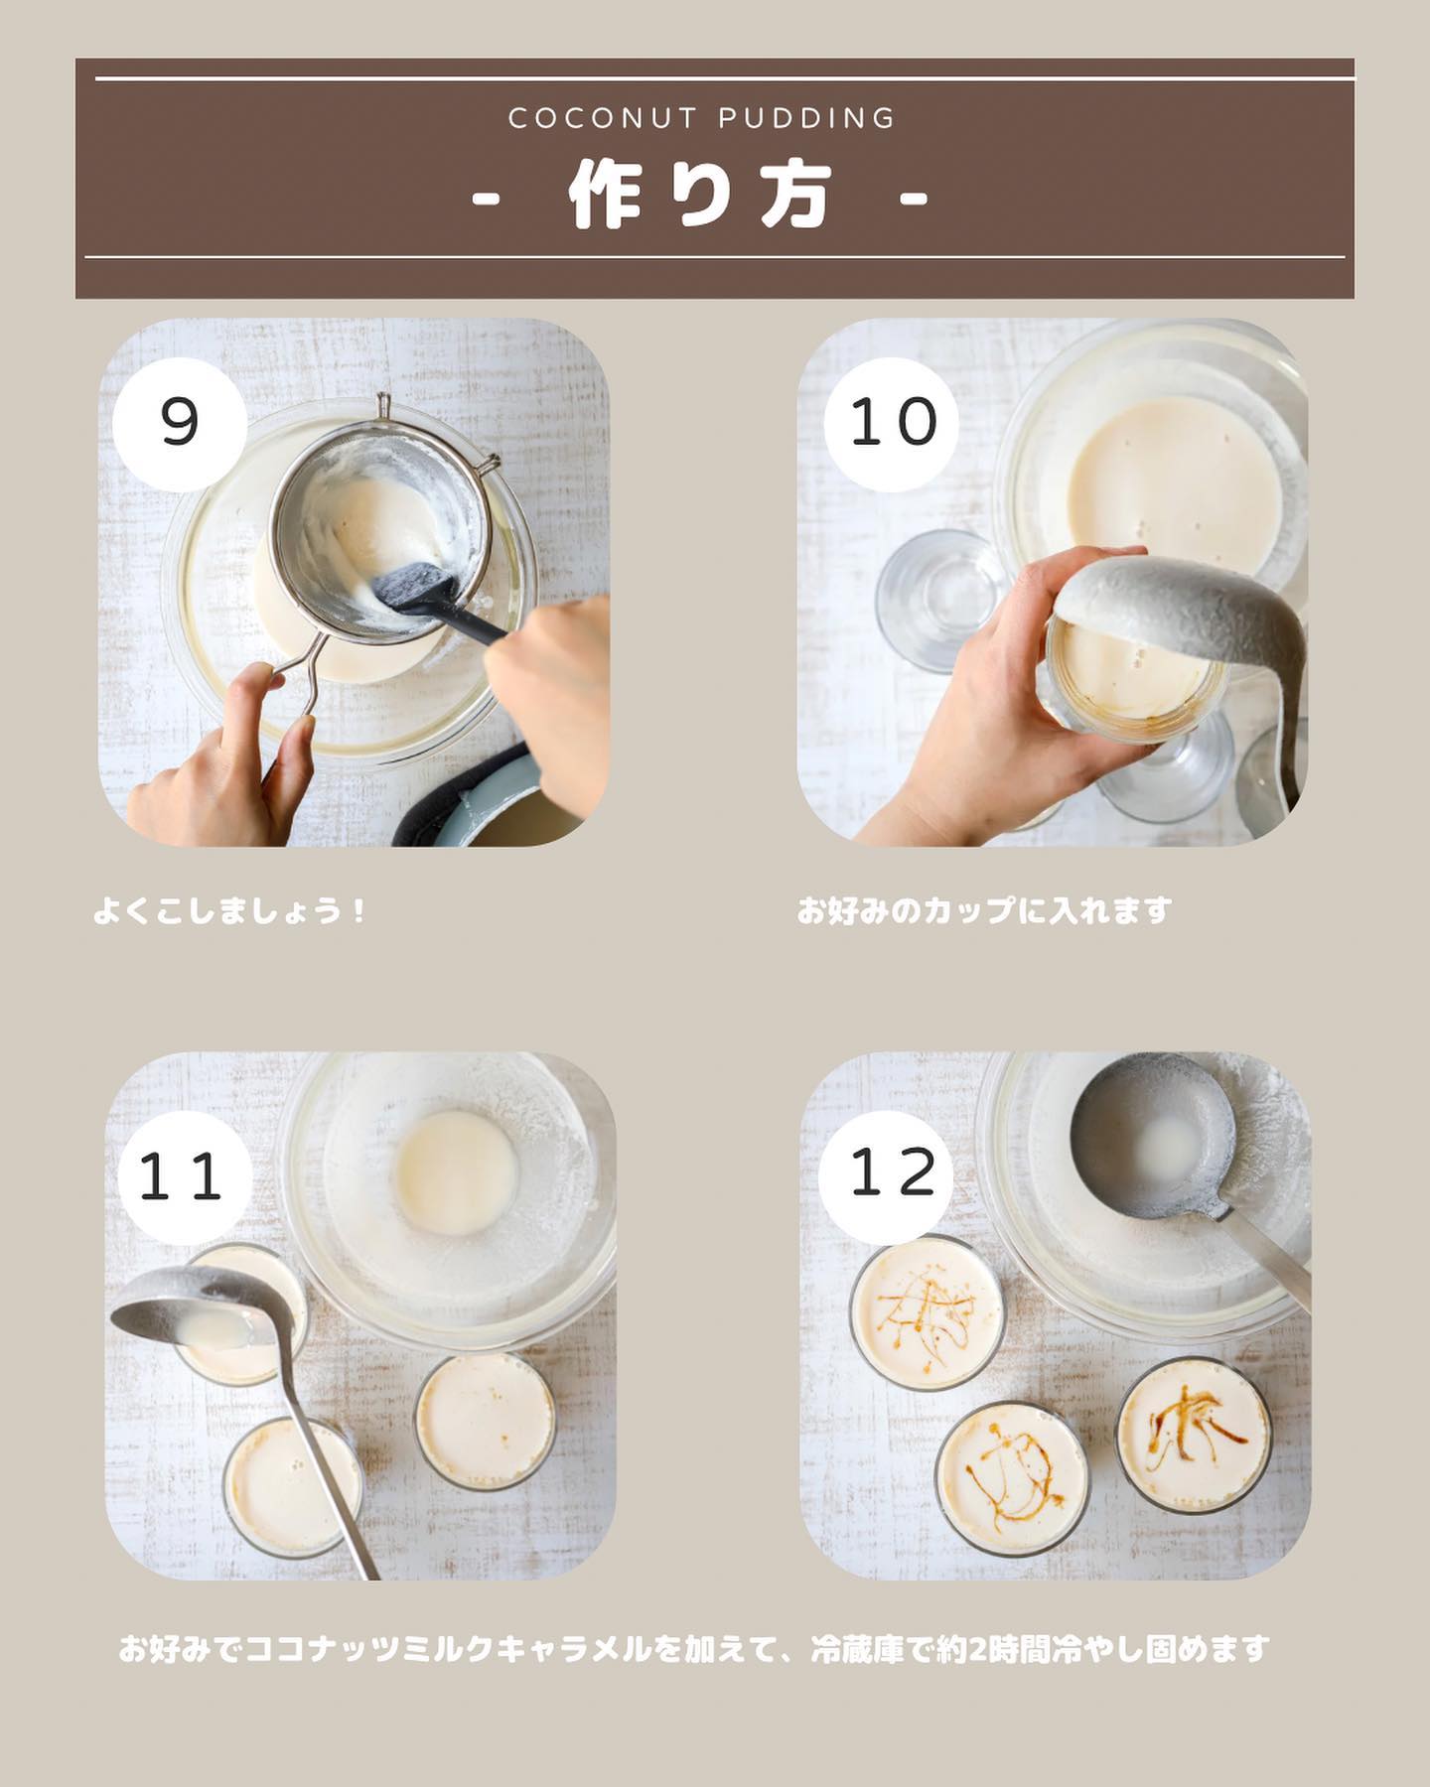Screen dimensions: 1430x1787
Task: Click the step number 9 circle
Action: click(x=180, y=424)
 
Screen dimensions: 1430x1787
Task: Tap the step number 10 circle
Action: click(x=891, y=424)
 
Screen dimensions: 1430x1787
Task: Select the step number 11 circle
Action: click(x=184, y=1177)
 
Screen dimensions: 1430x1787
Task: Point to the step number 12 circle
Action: click(x=887, y=1173)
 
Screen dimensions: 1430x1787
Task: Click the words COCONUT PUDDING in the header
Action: click(x=702, y=119)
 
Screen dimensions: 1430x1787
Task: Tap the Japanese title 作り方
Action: click(x=699, y=197)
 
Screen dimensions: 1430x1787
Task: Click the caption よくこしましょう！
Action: click(x=230, y=910)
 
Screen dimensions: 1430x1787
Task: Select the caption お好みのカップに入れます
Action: click(x=984, y=910)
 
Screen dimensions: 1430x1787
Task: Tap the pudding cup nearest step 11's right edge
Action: click(x=485, y=1420)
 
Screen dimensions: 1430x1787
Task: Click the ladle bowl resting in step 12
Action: click(x=1152, y=1138)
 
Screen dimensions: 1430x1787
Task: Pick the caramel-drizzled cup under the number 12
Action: click(x=926, y=1312)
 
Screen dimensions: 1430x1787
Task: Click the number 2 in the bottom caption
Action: click(x=977, y=1650)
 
